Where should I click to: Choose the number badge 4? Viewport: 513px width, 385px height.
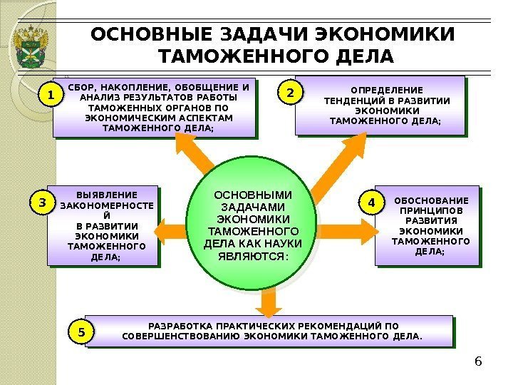(x=371, y=203)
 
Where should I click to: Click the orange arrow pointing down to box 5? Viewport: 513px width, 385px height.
(x=266, y=303)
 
